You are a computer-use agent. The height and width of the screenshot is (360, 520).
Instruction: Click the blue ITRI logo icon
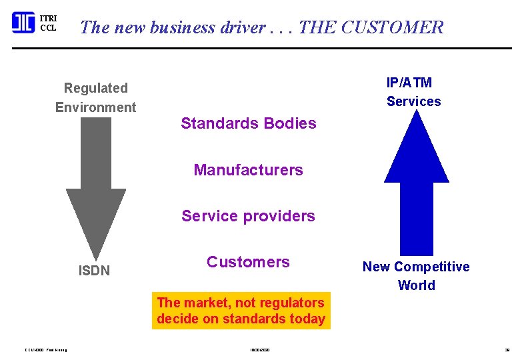[23, 23]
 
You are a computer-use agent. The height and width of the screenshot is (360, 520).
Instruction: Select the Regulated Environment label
[95, 97]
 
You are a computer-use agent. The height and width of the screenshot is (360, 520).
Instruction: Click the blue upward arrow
[416, 180]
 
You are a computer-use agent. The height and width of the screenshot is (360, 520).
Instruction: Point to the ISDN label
[94, 271]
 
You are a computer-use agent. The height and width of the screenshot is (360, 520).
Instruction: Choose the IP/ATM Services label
[413, 92]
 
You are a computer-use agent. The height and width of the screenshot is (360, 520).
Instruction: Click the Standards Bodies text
[248, 123]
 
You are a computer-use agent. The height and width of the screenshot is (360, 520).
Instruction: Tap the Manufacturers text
[248, 170]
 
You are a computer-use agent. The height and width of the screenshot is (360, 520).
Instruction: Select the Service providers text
[248, 216]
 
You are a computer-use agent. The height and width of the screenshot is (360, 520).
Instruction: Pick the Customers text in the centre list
[248, 262]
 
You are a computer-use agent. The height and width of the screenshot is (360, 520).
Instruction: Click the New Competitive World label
[416, 276]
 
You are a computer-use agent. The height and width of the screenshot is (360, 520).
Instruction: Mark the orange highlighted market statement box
[241, 311]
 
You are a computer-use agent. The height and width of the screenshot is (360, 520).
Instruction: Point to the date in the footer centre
[261, 349]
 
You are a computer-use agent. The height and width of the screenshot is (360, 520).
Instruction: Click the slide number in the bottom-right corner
[507, 349]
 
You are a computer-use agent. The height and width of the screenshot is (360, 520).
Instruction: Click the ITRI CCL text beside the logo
[48, 23]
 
